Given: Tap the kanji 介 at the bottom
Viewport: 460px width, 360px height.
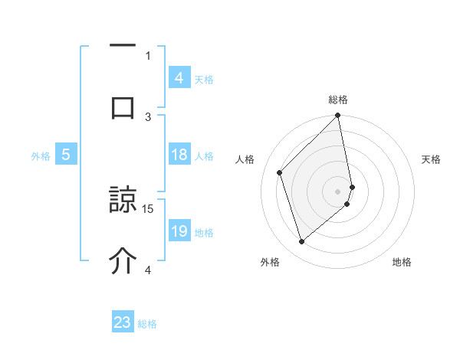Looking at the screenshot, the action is coord(123,260).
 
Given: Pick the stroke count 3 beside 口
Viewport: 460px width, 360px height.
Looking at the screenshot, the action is coord(149,116).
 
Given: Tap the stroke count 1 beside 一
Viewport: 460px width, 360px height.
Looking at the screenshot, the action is coord(149,55).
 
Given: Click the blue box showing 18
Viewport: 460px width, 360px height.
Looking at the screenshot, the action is coord(179,155).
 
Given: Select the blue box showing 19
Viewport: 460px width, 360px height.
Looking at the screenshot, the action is coord(179,231).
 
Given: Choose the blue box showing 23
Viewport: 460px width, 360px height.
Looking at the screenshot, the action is coord(123,322).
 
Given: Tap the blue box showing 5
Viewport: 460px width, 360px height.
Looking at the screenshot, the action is coord(66,155).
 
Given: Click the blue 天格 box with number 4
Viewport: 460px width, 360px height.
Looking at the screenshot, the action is coord(179,78).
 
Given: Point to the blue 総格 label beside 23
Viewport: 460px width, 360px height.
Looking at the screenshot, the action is coord(147,324).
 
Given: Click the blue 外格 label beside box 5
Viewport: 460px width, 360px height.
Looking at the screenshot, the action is coord(41,156).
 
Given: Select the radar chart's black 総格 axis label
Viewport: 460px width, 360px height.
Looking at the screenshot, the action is coord(338,100).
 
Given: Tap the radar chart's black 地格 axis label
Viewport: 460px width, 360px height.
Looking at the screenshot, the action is coord(402,263).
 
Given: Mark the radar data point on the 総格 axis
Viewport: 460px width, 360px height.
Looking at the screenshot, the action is coord(338,116).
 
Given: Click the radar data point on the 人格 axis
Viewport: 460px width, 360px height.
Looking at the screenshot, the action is coord(280,172).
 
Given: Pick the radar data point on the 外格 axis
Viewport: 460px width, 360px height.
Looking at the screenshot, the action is coord(301,242).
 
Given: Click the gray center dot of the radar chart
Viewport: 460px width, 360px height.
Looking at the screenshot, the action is coord(338,191).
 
